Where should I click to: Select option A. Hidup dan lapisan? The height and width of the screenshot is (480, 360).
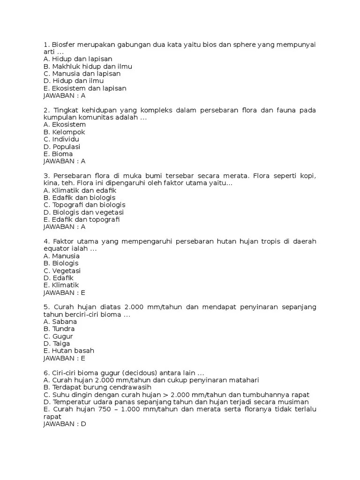pos(77,60)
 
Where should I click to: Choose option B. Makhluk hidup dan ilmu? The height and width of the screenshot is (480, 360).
pos(88,67)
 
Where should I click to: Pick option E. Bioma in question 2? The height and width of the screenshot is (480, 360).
pos(58,154)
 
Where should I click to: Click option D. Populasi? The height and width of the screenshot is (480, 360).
pos(62,147)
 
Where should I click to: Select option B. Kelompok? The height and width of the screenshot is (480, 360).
pos(64,132)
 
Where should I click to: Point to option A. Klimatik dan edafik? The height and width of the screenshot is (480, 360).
pos(80,191)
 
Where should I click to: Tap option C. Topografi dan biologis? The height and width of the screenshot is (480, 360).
pos(84,205)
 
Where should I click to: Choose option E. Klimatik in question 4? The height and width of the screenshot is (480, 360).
pos(61,285)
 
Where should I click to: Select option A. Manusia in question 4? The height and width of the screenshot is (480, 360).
pos(61,256)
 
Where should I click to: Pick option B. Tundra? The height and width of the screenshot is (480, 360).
pos(59,329)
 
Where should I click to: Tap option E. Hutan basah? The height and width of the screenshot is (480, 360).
pos(69,351)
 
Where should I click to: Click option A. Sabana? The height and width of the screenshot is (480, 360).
pos(60,322)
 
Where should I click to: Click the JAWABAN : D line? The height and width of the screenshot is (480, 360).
pos(65,424)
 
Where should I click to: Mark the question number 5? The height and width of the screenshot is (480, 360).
pos(45,307)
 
